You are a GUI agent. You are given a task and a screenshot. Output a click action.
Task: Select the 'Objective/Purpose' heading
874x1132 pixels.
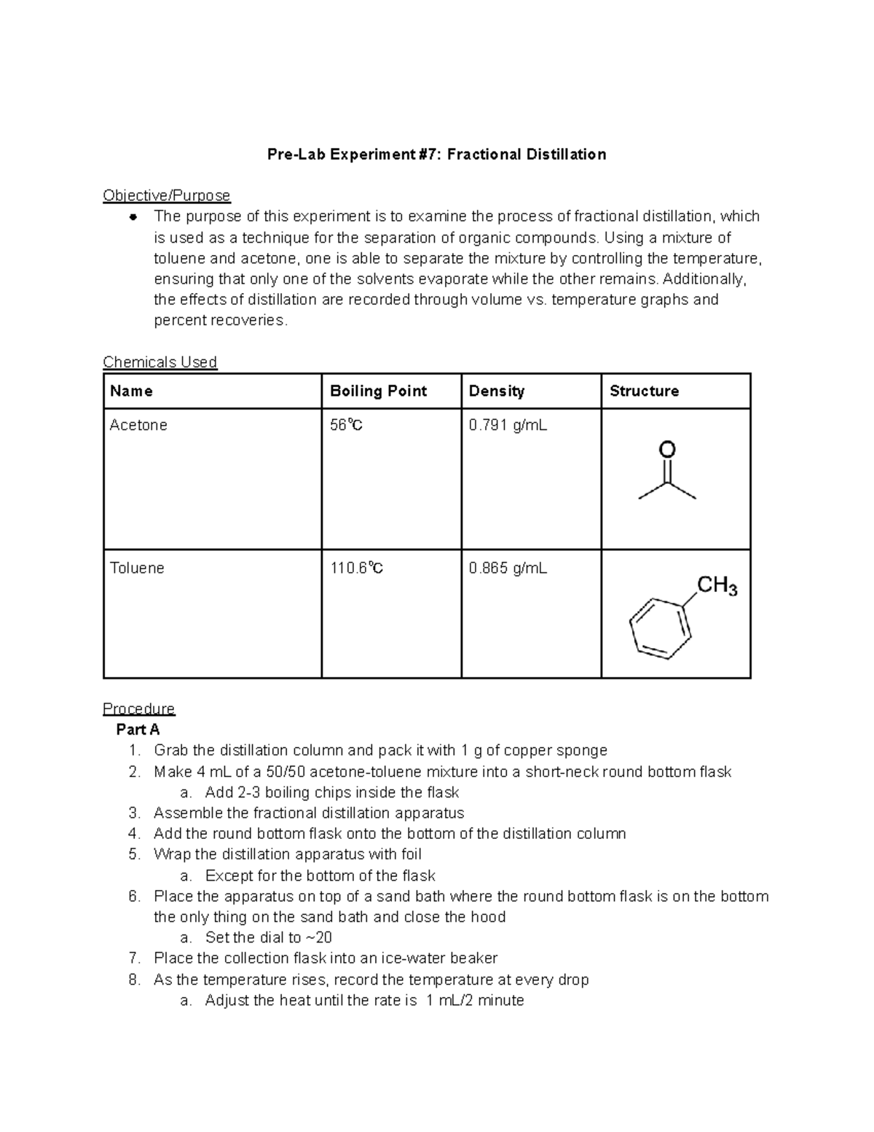pos(166,195)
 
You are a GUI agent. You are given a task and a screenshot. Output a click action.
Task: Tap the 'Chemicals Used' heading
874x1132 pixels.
pos(160,362)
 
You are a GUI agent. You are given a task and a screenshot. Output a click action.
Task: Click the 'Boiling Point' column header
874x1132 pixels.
pos(378,391)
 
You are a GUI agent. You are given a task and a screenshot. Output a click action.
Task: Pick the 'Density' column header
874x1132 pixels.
pos(496,391)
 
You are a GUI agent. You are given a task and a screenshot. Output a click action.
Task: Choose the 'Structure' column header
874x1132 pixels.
pos(644,391)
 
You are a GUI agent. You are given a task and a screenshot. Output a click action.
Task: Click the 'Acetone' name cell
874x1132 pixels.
pos(138,425)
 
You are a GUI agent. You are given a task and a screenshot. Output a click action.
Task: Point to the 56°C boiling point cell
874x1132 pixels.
pos(346,425)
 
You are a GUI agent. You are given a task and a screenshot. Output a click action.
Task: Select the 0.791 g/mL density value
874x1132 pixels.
pos(508,425)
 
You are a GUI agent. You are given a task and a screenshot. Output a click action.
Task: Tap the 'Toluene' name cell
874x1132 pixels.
pos(137,568)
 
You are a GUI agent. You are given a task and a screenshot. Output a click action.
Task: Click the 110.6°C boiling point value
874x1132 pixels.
pos(356,568)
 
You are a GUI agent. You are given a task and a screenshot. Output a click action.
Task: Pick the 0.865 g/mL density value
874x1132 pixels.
pos(508,568)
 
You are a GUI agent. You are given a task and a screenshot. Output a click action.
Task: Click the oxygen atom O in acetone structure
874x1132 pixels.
pos(666,450)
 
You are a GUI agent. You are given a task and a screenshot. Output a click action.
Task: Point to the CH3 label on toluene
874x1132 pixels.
pos(717,586)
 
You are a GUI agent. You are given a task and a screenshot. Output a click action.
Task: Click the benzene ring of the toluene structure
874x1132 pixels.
pos(660,628)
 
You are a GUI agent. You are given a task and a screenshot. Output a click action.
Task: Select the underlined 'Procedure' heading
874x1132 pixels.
pos(138,709)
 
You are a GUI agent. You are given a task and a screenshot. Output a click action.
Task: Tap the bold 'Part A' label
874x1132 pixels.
pos(138,730)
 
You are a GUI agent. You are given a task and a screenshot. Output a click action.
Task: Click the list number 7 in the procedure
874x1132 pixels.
pos(133,959)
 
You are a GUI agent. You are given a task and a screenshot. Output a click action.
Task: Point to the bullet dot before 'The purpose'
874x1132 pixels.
pos(133,217)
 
